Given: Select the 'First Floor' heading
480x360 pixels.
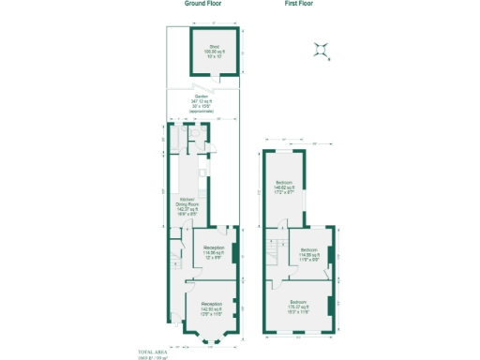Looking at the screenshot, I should click(x=299, y=5).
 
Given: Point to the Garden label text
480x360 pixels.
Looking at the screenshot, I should click(x=201, y=97).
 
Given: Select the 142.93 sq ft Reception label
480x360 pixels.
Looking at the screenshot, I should click(x=212, y=307).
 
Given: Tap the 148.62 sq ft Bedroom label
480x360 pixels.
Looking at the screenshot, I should click(x=285, y=186).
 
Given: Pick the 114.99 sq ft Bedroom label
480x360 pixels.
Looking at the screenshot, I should click(x=309, y=254).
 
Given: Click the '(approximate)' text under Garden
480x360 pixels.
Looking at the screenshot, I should click(x=201, y=112).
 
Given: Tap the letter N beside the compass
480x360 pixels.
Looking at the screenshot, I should click(x=329, y=59).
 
